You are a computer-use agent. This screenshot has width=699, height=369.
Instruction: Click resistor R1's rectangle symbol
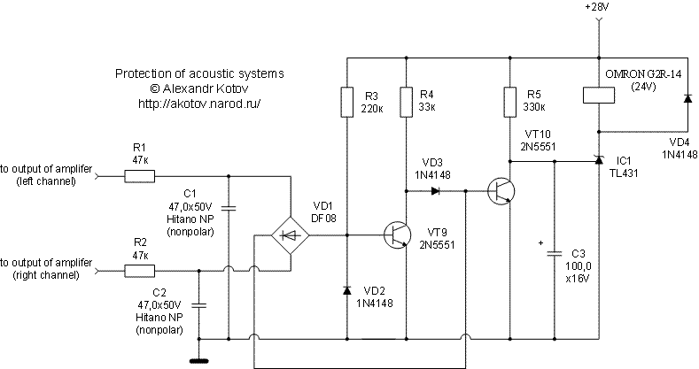(x=139, y=177)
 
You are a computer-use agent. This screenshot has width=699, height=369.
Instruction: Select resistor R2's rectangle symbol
(x=139, y=271)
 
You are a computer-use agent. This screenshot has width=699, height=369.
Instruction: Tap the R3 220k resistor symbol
(x=346, y=103)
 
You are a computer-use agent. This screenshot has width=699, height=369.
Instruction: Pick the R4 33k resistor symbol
(x=406, y=103)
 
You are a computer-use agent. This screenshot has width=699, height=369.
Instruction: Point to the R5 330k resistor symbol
(x=510, y=103)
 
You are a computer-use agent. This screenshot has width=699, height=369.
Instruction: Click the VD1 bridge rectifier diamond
(x=291, y=235)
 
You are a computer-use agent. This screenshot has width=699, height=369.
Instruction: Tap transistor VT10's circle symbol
(x=501, y=191)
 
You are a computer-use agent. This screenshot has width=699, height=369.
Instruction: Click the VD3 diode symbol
(x=436, y=191)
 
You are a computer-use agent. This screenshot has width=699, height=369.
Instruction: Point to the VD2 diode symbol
(x=346, y=290)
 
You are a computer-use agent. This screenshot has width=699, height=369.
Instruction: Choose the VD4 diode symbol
(x=688, y=98)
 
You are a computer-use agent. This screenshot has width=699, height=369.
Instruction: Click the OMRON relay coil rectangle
(x=599, y=96)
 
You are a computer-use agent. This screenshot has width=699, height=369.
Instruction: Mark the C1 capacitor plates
(x=229, y=207)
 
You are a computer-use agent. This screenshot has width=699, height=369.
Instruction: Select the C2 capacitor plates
(x=198, y=305)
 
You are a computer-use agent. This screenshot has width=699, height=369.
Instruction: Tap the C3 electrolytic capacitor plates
(x=555, y=253)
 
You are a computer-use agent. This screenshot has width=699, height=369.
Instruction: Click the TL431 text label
(x=624, y=173)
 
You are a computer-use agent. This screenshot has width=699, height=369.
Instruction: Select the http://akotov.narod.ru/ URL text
(x=199, y=104)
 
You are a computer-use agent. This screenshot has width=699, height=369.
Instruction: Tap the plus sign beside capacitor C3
(x=541, y=243)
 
